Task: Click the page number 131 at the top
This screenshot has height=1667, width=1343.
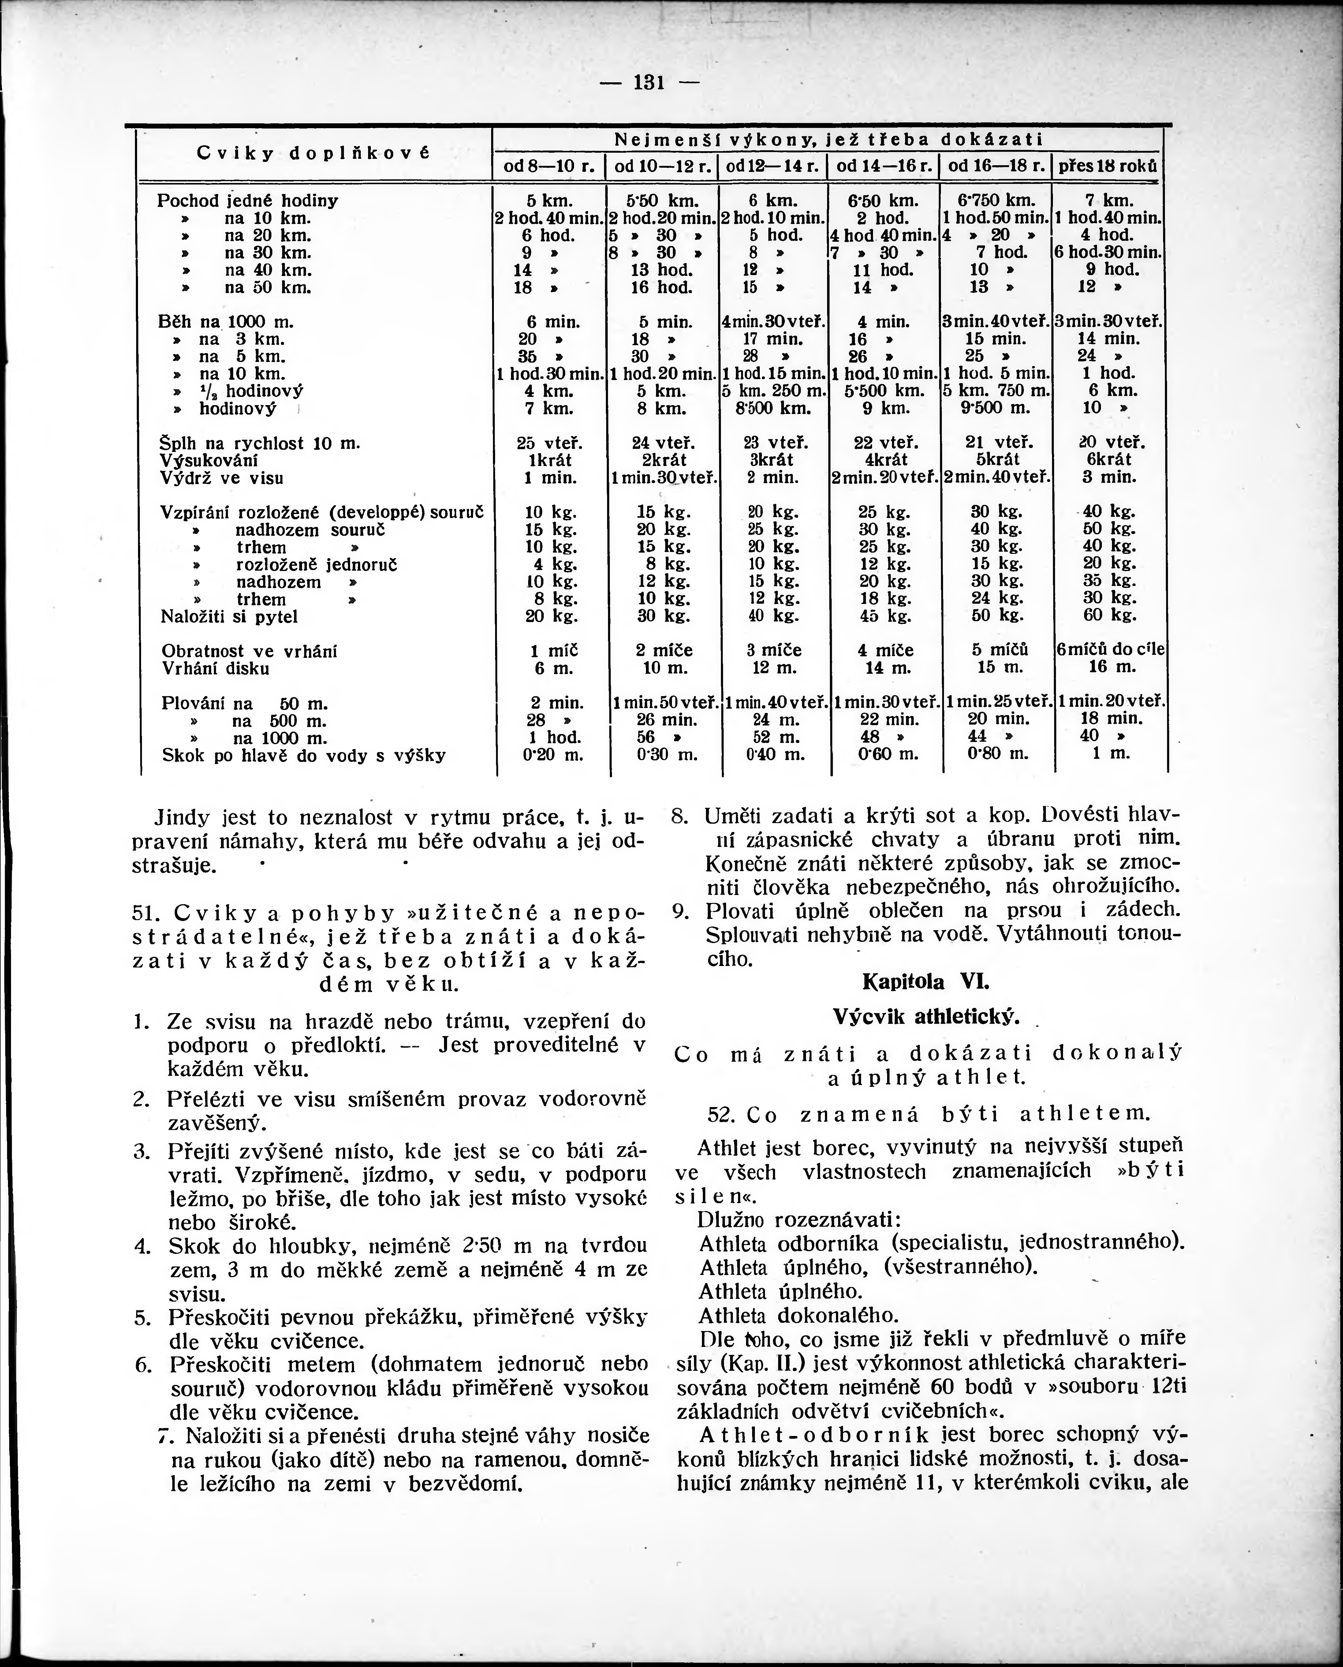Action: coord(649,82)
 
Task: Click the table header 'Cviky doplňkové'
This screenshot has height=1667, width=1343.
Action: coord(313,153)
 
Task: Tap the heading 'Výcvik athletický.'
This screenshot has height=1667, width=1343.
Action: coord(926,1016)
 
